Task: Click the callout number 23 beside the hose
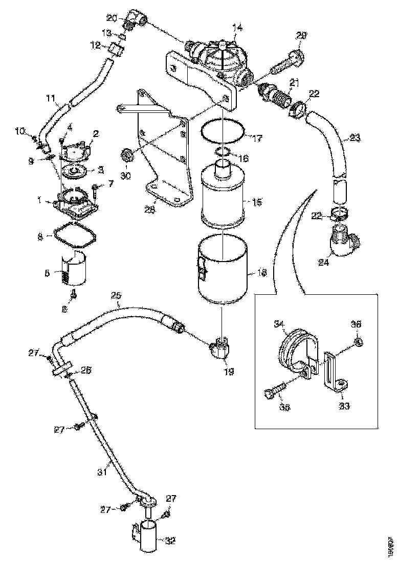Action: pos(355,138)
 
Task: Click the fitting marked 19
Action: pos(222,348)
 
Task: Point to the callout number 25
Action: pos(116,296)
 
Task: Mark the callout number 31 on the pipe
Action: pos(102,472)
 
